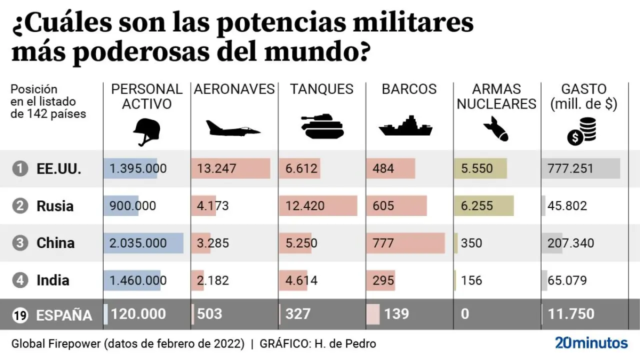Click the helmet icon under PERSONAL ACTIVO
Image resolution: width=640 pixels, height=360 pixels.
coord(146,131)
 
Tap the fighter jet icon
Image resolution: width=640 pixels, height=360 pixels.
coord(233,128)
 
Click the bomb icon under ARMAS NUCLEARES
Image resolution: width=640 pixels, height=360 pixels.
coord(495,129)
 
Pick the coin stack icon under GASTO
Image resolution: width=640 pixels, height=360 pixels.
coord(581,131)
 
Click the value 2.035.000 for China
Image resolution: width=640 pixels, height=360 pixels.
coord(138,243)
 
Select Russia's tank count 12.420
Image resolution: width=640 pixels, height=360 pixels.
coord(305,206)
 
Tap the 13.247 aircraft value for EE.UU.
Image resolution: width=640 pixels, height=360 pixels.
coord(216,168)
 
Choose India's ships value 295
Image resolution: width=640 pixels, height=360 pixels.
coord(383,280)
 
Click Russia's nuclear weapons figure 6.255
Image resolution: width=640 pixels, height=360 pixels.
coord(477,206)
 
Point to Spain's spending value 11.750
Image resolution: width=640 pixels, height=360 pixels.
coord(571,314)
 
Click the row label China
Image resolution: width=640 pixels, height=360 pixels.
coord(55,243)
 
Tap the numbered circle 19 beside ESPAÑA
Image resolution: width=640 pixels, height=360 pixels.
coord(20,315)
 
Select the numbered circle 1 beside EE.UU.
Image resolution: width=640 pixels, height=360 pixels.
coord(20,169)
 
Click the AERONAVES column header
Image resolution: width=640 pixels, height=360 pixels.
coord(234,89)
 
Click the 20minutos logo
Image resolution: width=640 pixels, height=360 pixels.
coord(591,343)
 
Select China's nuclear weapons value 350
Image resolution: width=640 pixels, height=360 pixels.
coord(471,243)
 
